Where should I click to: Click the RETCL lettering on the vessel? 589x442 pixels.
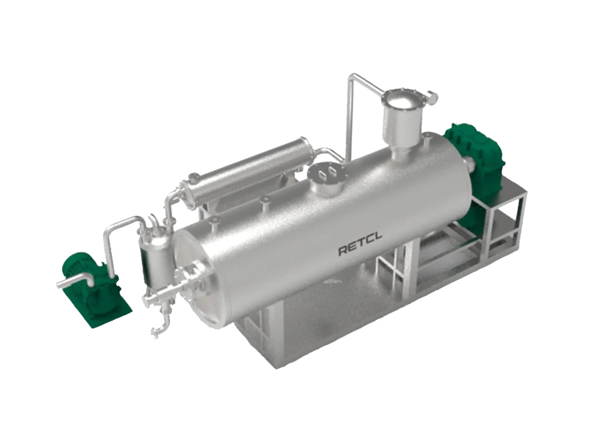point(360,244)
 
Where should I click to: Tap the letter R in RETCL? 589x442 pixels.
point(343,250)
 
